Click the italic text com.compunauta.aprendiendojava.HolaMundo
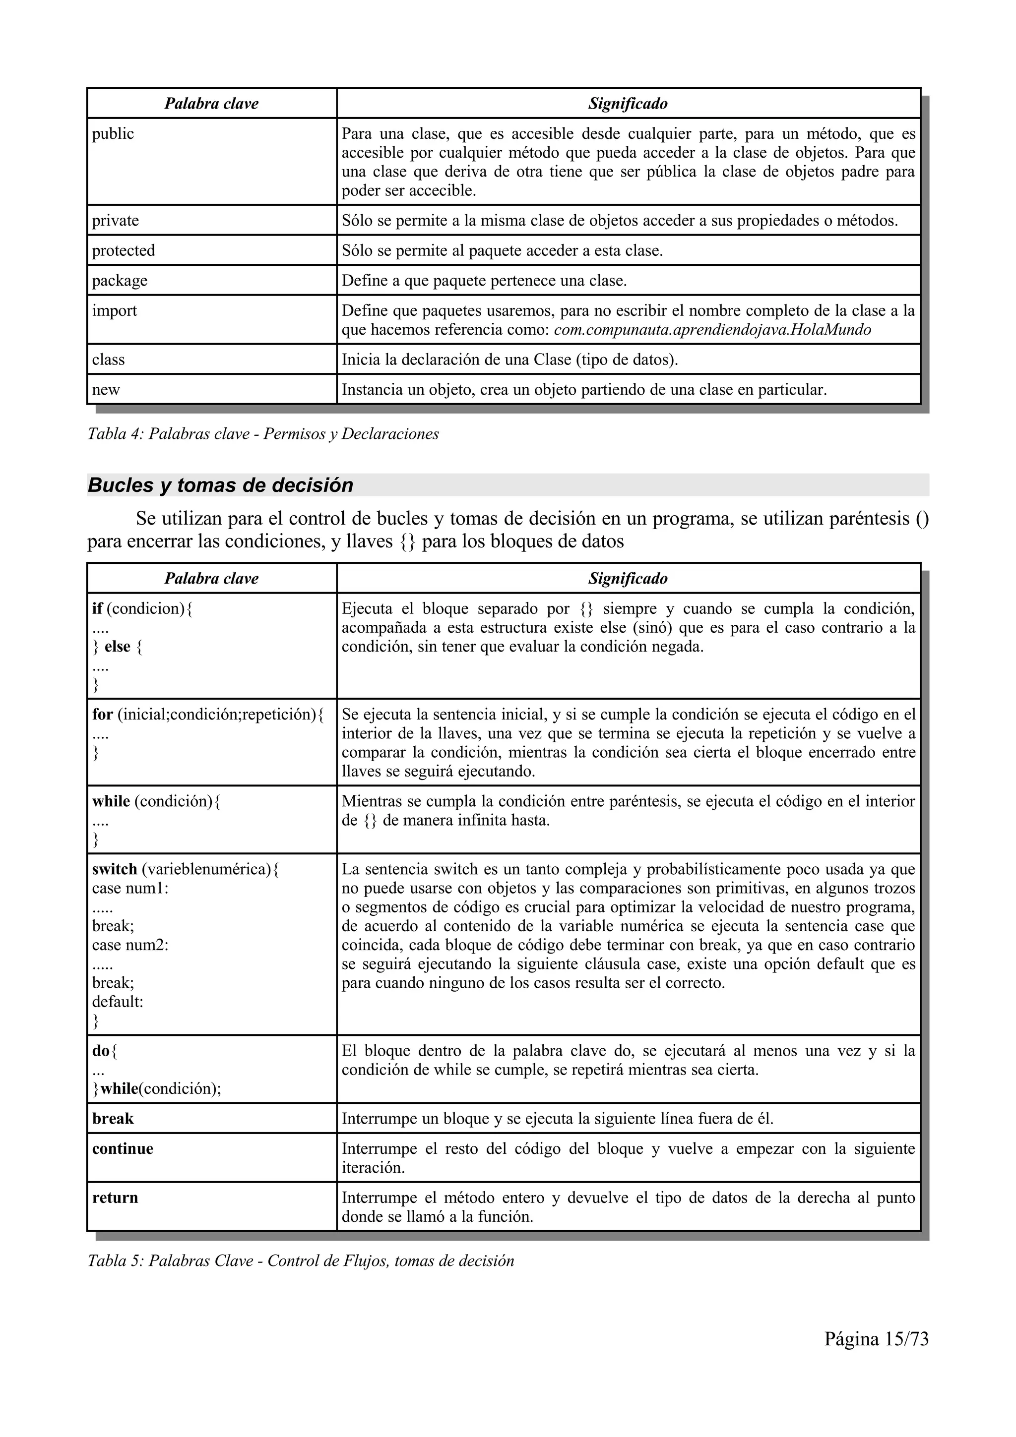point(712,330)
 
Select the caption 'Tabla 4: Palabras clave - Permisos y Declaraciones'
point(263,434)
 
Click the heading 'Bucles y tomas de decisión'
point(220,485)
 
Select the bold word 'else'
point(117,647)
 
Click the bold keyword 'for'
point(102,714)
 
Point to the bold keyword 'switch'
point(114,869)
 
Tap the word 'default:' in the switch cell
point(118,1002)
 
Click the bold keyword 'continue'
point(123,1148)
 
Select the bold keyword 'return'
point(115,1197)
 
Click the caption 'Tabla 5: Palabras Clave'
point(301,1260)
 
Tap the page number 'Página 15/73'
point(876,1339)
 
